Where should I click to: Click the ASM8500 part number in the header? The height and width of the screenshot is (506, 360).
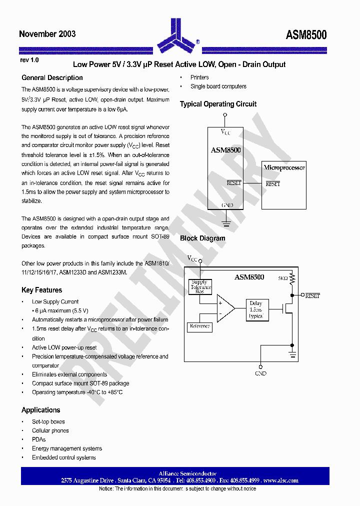pyautogui.click(x=306, y=34)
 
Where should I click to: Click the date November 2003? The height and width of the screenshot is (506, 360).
pyautogui.click(x=47, y=34)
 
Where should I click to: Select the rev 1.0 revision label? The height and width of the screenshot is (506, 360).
pyautogui.click(x=29, y=60)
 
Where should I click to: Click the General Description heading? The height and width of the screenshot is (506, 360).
pyautogui.click(x=52, y=78)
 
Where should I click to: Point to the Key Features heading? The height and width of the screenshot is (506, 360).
pyautogui.click(x=42, y=290)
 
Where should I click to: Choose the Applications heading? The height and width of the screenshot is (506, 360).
pyautogui.click(x=41, y=410)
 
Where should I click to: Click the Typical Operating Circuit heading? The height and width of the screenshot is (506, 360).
pyautogui.click(x=218, y=104)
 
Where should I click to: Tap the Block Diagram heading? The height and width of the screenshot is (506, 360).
pyautogui.click(x=202, y=238)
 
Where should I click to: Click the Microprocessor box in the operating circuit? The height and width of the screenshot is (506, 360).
pyautogui.click(x=284, y=185)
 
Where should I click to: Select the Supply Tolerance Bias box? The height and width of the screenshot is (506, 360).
pyautogui.click(x=200, y=287)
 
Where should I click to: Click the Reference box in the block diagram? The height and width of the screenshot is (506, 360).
pyautogui.click(x=199, y=326)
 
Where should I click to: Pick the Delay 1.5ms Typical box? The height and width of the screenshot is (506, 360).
pyautogui.click(x=255, y=309)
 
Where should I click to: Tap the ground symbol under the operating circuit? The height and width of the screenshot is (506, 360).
pyautogui.click(x=225, y=224)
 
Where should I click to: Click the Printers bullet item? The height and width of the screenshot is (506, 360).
pyautogui.click(x=199, y=77)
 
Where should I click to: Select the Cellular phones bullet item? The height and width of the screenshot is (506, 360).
pyautogui.click(x=50, y=430)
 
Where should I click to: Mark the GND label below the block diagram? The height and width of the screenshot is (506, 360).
pyautogui.click(x=260, y=373)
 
